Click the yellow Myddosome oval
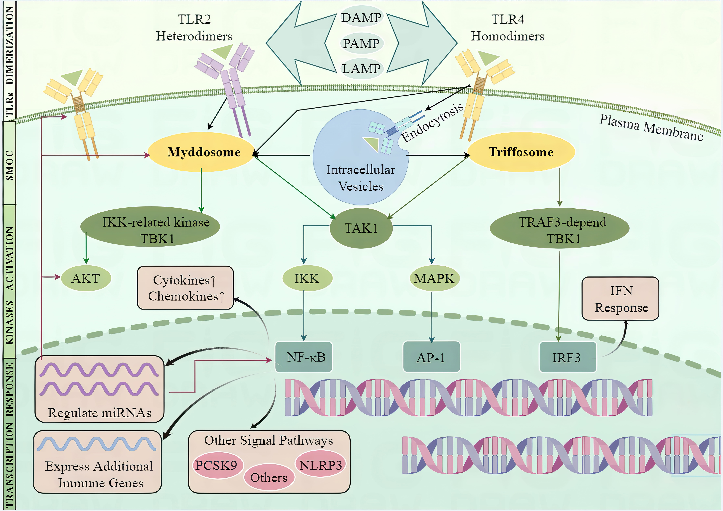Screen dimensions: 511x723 pyautogui.click(x=202, y=152)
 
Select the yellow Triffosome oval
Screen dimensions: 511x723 pyautogui.click(x=521, y=152)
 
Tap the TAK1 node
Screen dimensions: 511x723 pyautogui.click(x=361, y=228)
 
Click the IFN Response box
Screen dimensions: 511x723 pyautogui.click(x=620, y=299)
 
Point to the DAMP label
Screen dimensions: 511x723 pyautogui.click(x=361, y=18)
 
